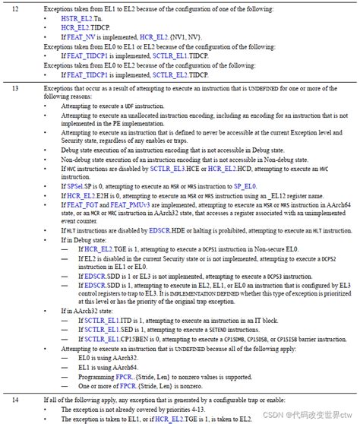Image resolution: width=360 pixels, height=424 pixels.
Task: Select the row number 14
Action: click(16, 399)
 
